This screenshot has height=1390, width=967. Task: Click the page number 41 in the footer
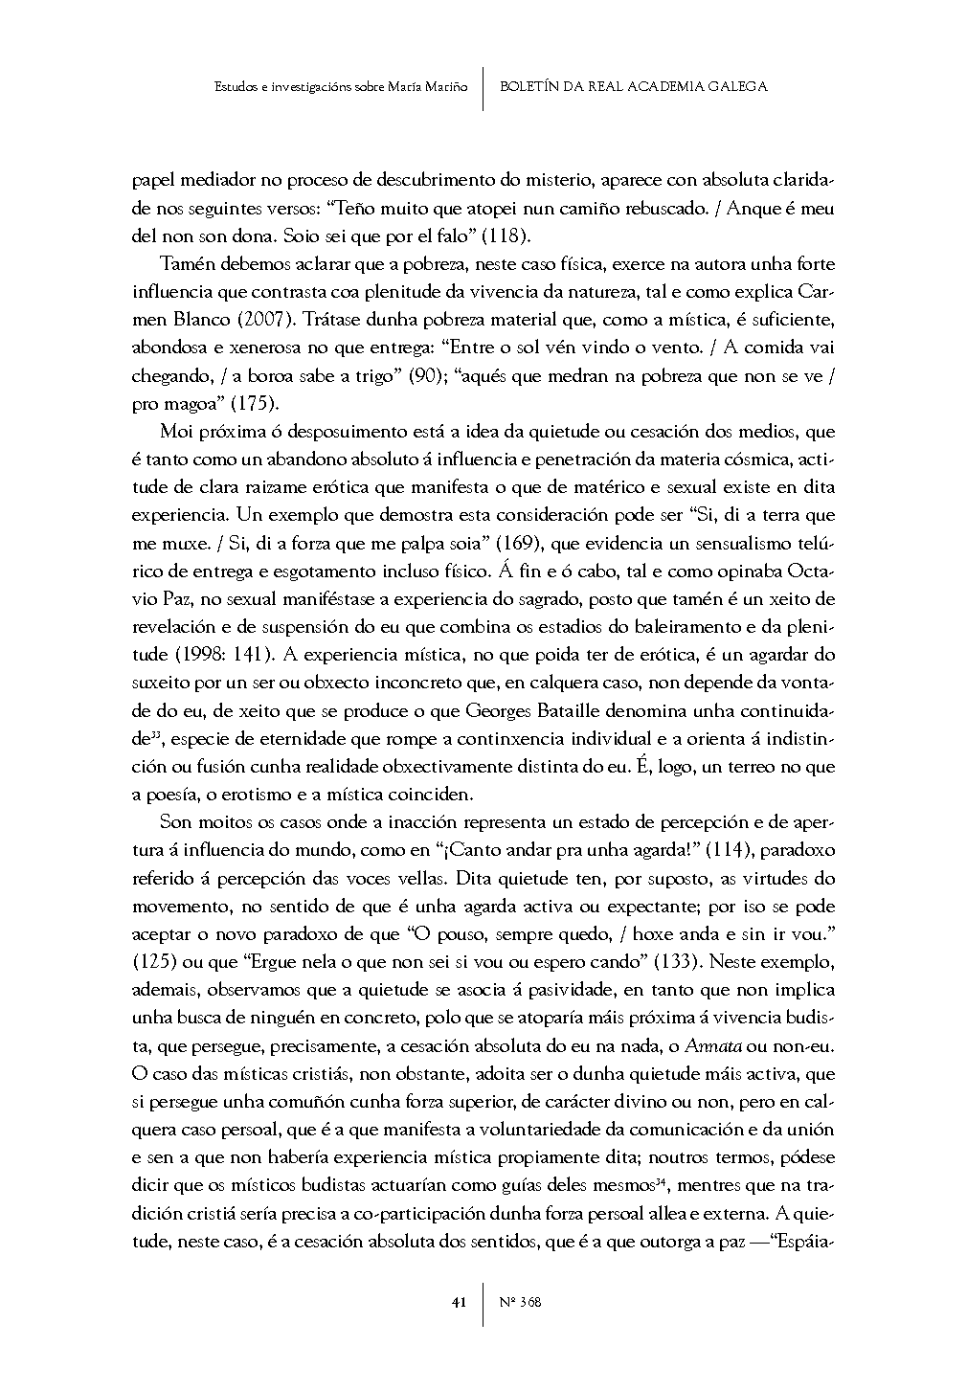coord(459,1302)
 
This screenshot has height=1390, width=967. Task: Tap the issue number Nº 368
coord(521,1302)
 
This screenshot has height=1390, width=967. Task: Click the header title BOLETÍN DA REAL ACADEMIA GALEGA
coord(634,86)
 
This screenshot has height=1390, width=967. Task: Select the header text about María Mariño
coord(341,86)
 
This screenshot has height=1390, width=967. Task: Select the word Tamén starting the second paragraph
coord(186,263)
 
